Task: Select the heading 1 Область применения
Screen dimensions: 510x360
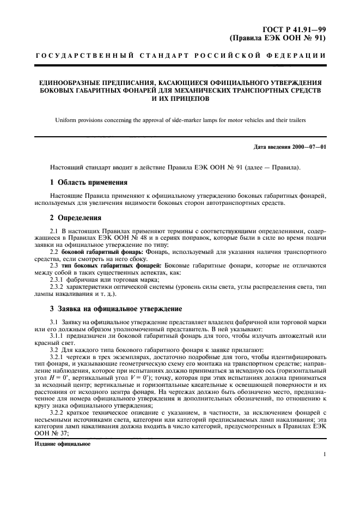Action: (88, 182)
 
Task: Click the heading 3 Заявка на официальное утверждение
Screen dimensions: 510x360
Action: (116, 308)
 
